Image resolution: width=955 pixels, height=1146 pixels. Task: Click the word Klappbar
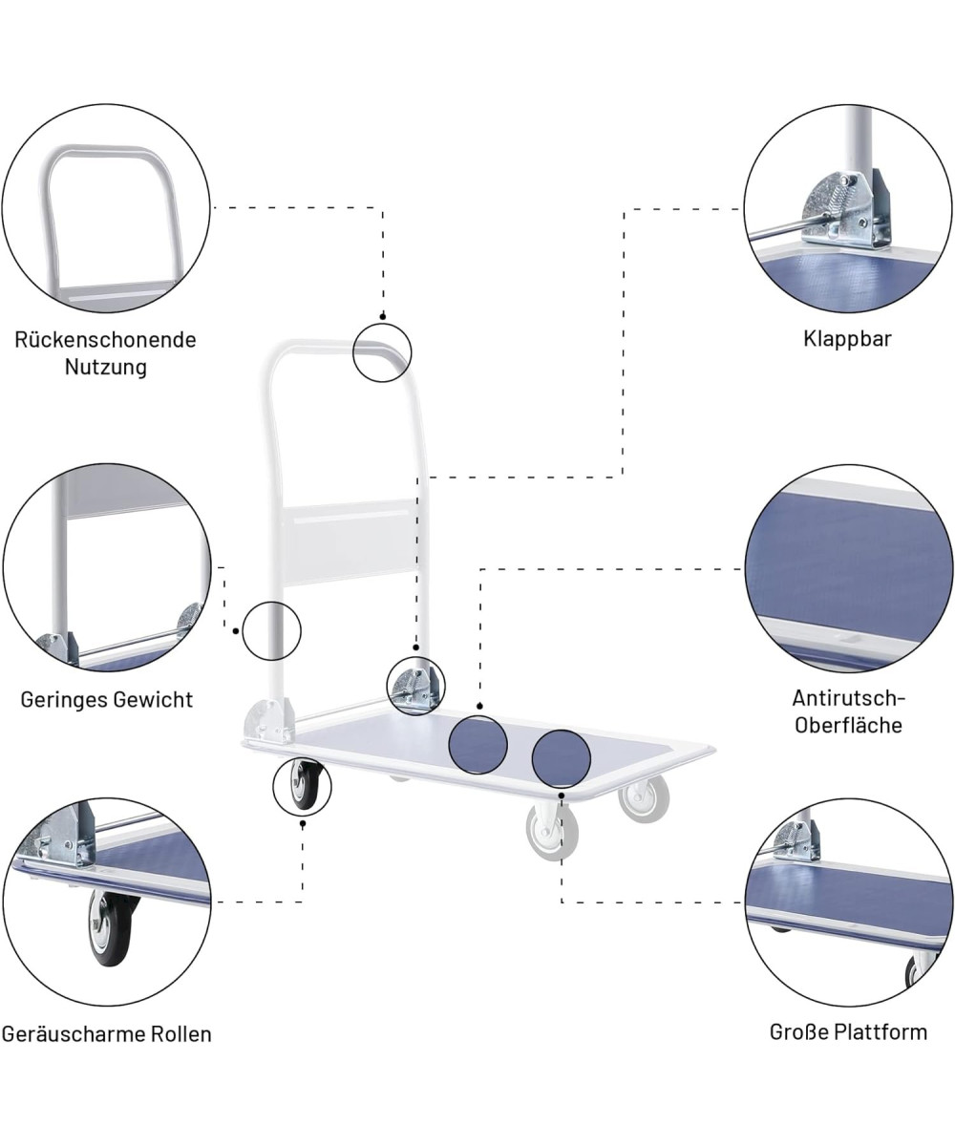coord(847,339)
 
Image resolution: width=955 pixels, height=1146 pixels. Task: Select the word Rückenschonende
coord(105,340)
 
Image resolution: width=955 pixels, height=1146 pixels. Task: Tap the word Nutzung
coord(105,367)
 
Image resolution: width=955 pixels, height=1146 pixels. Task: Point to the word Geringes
coord(64,700)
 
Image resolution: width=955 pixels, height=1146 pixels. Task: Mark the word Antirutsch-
coord(847,698)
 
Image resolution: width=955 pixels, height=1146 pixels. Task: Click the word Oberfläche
coord(847,725)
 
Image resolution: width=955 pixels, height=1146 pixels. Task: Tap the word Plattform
coord(880,1032)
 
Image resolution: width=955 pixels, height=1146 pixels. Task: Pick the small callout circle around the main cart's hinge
coord(415,686)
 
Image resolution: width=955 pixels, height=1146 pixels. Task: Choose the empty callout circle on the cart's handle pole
coord(271,631)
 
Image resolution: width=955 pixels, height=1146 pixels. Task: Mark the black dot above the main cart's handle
coord(382,315)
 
